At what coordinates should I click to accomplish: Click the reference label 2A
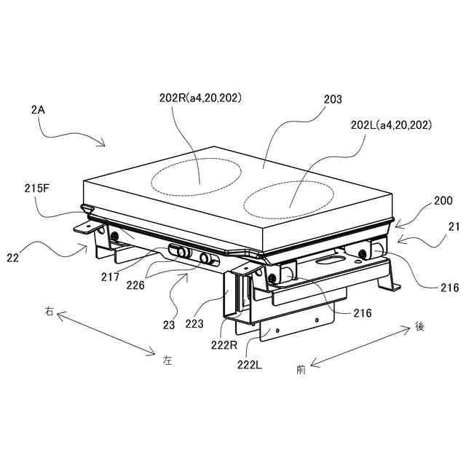coord(39,110)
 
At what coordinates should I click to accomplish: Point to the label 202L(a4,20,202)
coord(391,125)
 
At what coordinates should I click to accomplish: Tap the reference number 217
coord(111,277)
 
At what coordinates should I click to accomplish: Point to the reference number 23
coord(169,325)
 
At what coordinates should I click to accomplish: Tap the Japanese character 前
coord(301,369)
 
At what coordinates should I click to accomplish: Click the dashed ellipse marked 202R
coord(195,176)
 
